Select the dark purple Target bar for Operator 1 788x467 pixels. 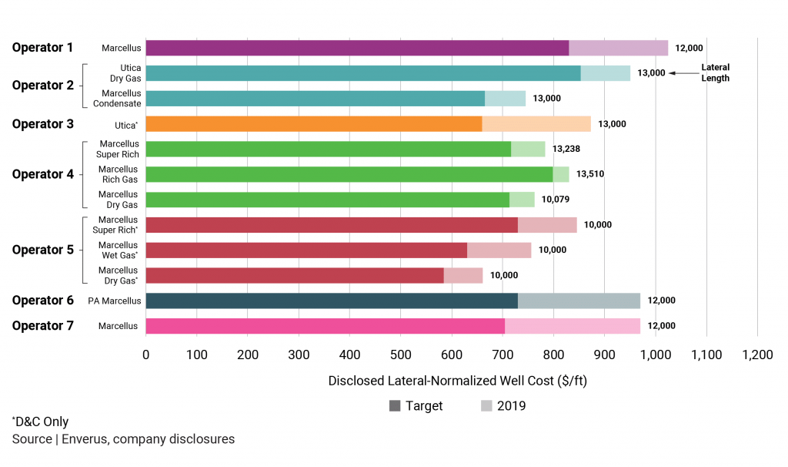(x=356, y=48)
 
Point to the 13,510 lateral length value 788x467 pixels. (x=589, y=174)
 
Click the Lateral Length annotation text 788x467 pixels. (x=715, y=73)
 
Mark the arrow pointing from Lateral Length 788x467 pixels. (x=683, y=73)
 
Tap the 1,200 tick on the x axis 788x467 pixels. (x=756, y=355)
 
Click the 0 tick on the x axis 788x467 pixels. (x=145, y=355)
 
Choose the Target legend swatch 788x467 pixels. (x=396, y=406)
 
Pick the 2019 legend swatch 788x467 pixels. (x=486, y=406)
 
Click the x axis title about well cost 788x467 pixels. (x=457, y=381)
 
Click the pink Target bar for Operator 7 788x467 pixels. (x=325, y=326)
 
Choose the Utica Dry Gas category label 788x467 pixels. (x=125, y=73)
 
